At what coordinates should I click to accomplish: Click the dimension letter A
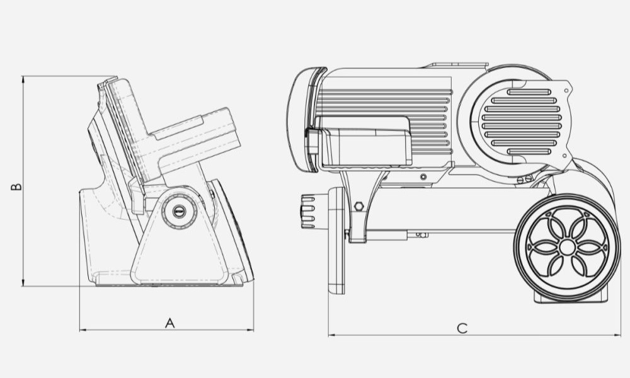tap(170, 323)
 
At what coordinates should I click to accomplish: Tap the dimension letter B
tap(16, 186)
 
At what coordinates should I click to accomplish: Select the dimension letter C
tap(462, 328)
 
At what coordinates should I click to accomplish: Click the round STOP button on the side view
tap(179, 210)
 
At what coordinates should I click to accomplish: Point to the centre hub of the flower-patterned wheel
tap(566, 247)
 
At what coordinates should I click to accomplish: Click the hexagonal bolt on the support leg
tap(359, 206)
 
